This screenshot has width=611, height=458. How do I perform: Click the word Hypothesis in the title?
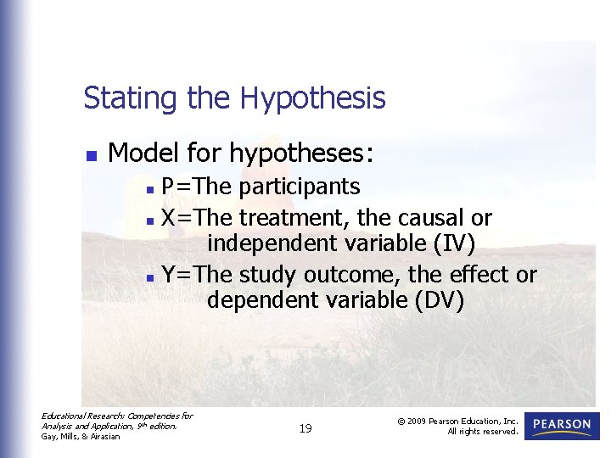[312, 99]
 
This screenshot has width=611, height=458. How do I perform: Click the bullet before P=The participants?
[150, 187]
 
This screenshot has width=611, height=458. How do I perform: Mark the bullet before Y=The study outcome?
[150, 276]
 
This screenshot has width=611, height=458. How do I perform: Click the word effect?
[480, 275]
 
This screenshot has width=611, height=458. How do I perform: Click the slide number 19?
[305, 428]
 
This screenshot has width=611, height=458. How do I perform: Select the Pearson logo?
[562, 425]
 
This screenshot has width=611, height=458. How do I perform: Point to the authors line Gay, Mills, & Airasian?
[81, 436]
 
